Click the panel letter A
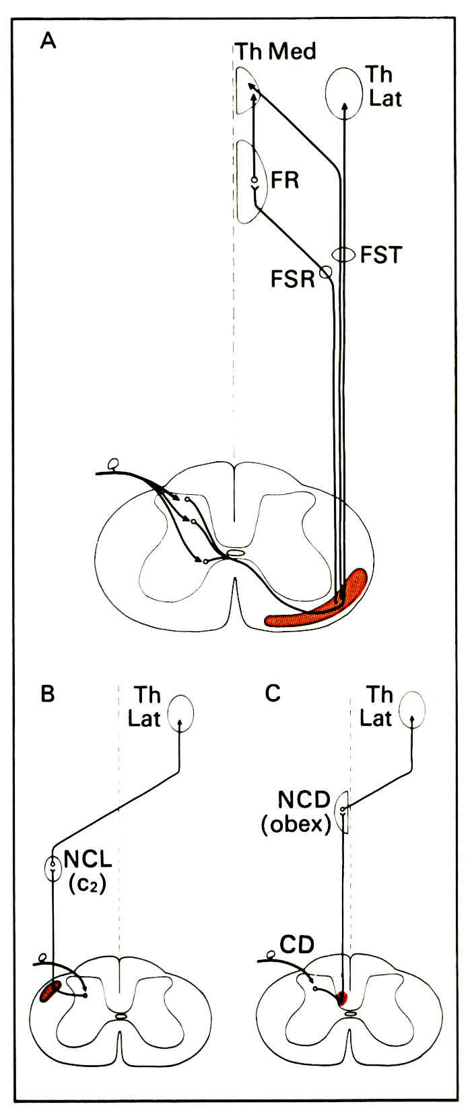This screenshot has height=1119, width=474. click(48, 42)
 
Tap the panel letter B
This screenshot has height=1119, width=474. click(47, 694)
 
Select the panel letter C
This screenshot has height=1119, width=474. click(273, 694)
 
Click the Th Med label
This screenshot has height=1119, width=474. click(275, 52)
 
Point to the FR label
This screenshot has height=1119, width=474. click(285, 181)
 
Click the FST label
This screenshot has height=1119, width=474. click(380, 255)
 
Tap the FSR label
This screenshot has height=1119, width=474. click(293, 278)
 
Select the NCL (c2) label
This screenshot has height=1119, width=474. click(88, 872)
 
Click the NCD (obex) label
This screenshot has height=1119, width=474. click(298, 812)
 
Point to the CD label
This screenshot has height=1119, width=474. click(297, 945)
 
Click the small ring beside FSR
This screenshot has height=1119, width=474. click(326, 272)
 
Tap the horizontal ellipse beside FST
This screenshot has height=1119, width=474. click(345, 254)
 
